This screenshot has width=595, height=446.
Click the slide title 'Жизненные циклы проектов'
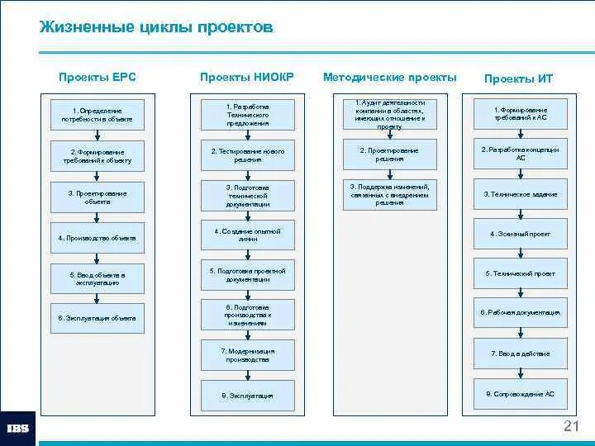tap(155, 28)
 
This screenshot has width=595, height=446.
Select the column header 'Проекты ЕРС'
tap(97, 78)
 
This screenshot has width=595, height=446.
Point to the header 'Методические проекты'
tap(389, 78)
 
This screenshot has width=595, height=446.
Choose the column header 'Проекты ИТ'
tap(518, 78)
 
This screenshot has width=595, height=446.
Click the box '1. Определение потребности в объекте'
tap(97, 115)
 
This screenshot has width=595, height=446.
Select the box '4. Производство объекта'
tap(97, 238)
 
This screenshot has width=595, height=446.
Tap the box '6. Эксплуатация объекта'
tap(97, 318)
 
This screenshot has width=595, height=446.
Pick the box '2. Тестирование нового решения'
tap(247, 156)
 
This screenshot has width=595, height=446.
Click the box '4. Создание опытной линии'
tap(247, 236)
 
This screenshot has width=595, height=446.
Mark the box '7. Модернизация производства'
tap(247, 355)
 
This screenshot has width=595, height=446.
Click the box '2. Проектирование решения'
tap(389, 155)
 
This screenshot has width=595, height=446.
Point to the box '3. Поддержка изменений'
tap(389, 196)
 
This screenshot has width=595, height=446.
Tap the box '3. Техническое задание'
tap(520, 194)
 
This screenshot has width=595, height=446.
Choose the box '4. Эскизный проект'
tap(520, 234)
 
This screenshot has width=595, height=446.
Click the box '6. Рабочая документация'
tap(520, 313)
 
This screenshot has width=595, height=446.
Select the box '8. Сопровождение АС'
tap(520, 394)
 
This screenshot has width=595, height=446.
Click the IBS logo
tap(17, 428)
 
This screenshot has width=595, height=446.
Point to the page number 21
tap(570, 426)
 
